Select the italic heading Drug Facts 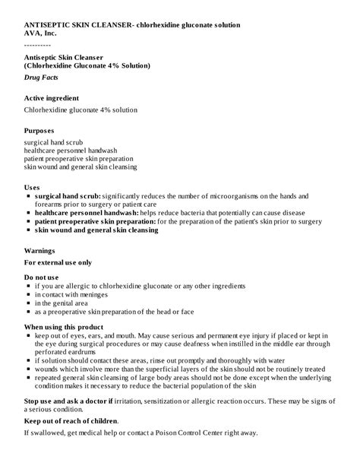pos(43,78)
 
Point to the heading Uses pos(32,186)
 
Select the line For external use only pos(58,262)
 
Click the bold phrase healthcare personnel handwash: pos(86,213)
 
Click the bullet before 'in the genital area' pos(27,303)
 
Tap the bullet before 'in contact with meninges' pos(27,295)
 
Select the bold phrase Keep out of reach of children pos(71,420)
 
